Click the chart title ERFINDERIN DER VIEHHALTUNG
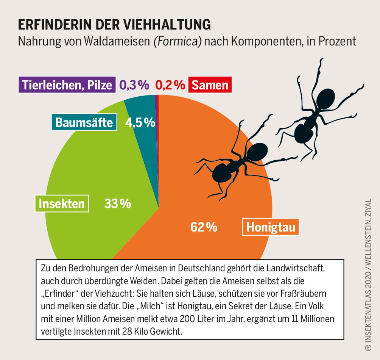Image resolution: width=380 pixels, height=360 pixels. [115, 25]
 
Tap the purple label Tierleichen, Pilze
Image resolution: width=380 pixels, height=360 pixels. [67, 85]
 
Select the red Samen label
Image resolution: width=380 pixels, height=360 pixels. [210, 85]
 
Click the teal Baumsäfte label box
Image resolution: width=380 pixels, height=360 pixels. [84, 122]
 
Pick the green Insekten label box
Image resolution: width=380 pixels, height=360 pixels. [62, 204]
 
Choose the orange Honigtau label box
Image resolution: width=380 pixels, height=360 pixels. [270, 227]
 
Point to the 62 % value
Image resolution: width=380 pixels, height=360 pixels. [204, 227]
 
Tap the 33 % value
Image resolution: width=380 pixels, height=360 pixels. [117, 204]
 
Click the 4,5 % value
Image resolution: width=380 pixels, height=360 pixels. [140, 122]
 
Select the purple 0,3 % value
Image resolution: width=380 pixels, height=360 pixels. [134, 85]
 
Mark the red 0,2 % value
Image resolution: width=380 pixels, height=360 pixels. [170, 85]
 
